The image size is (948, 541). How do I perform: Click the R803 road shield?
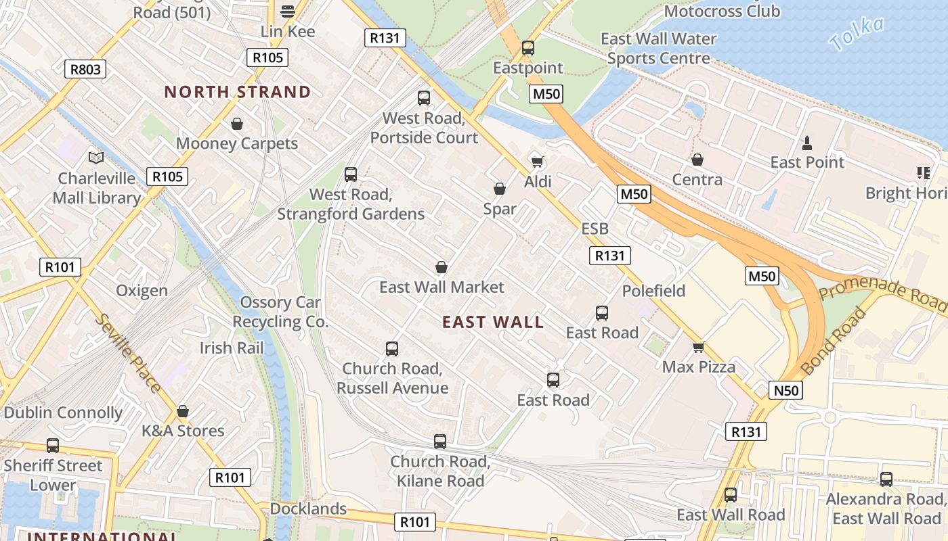pyautogui.click(x=85, y=68)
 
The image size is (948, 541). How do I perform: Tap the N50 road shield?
pyautogui.click(x=785, y=390)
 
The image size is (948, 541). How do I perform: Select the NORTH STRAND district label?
pyautogui.click(x=238, y=92)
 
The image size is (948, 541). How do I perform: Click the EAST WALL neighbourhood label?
pyautogui.click(x=493, y=322)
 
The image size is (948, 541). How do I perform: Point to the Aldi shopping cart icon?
pyautogui.click(x=538, y=162)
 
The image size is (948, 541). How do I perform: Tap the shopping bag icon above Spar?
pyautogui.click(x=500, y=189)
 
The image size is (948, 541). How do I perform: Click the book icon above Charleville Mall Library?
pyautogui.click(x=97, y=158)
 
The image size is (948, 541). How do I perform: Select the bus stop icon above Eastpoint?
pyautogui.click(x=527, y=48)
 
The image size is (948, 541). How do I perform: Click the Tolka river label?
pyautogui.click(x=857, y=34)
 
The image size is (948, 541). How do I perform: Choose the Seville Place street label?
pyautogui.click(x=128, y=353)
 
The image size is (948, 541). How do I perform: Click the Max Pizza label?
pyautogui.click(x=699, y=367)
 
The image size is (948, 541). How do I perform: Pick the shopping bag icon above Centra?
pyautogui.click(x=697, y=160)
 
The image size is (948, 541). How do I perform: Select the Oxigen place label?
pyautogui.click(x=142, y=291)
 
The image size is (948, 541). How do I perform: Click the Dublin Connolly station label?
pyautogui.click(x=63, y=413)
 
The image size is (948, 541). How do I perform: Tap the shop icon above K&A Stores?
pyautogui.click(x=182, y=411)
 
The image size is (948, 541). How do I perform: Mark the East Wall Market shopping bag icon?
pyautogui.click(x=441, y=267)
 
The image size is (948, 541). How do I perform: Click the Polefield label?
pyautogui.click(x=653, y=291)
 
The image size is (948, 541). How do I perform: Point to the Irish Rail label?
pyautogui.click(x=231, y=348)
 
